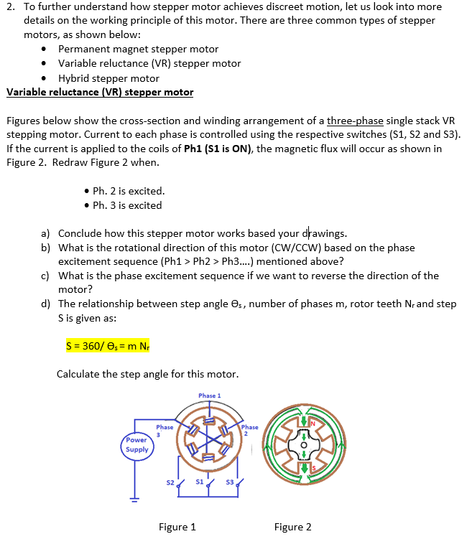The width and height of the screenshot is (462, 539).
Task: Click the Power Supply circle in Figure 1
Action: click(x=137, y=445)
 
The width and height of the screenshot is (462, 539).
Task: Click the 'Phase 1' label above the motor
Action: click(x=209, y=395)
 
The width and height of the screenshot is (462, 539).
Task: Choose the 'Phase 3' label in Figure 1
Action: click(x=165, y=431)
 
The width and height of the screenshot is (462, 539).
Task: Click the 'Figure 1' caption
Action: click(x=177, y=528)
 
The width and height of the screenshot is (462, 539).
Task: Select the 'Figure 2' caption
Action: click(x=292, y=528)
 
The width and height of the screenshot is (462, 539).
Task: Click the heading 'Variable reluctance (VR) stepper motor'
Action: click(x=100, y=92)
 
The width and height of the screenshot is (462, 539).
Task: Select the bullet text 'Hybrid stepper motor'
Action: click(x=108, y=78)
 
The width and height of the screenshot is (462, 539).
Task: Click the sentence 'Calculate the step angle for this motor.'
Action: click(x=147, y=374)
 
